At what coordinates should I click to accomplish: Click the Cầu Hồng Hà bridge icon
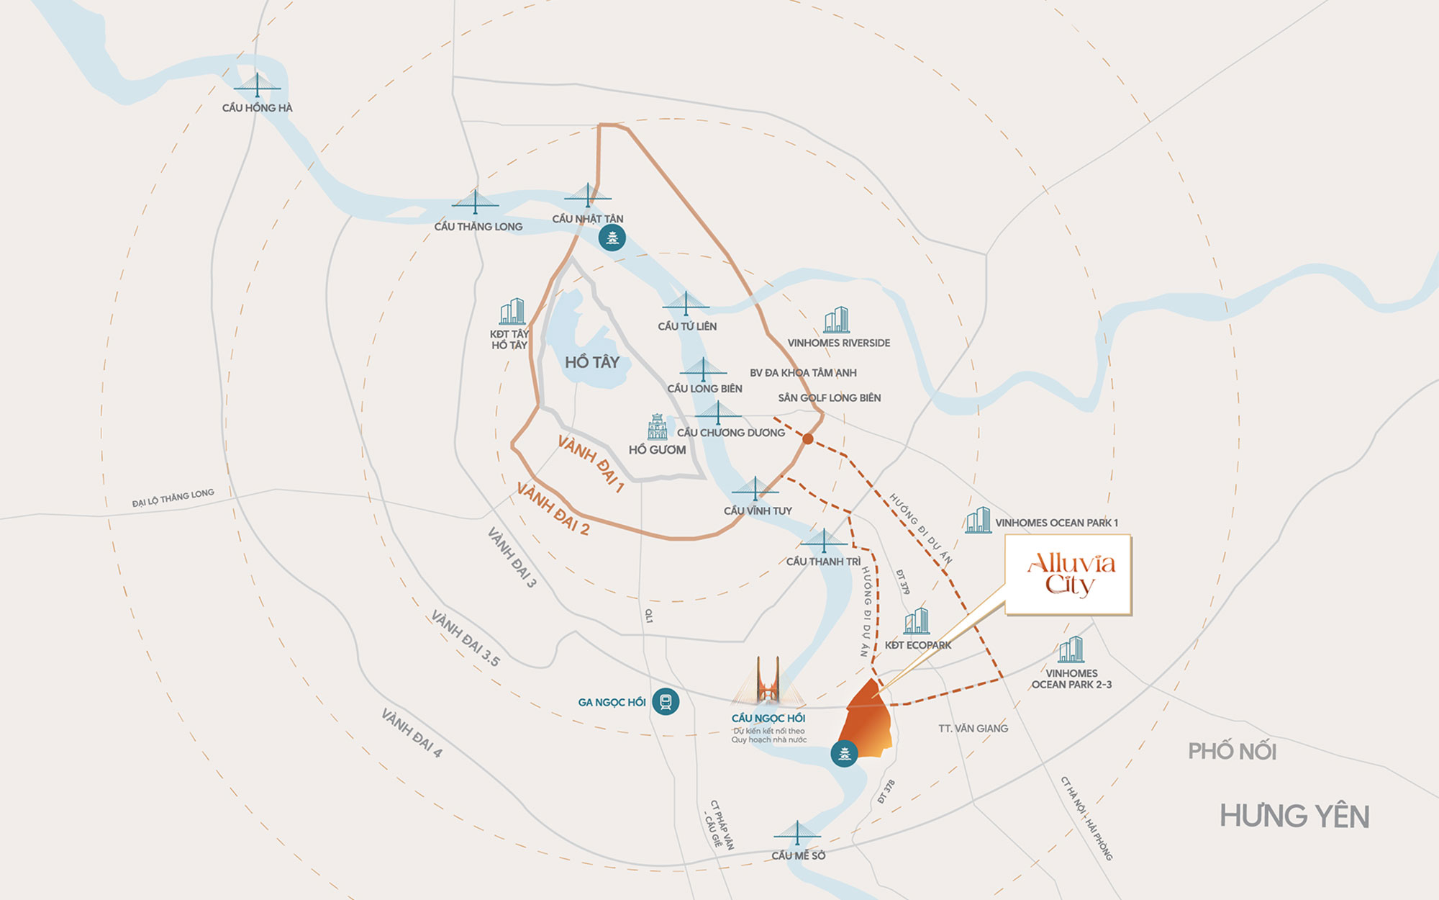click(257, 85)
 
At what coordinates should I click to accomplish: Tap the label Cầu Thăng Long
click(478, 227)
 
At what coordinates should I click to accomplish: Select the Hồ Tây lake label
click(591, 362)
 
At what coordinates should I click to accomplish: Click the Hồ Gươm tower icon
click(657, 427)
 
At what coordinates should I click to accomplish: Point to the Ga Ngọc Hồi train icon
click(666, 701)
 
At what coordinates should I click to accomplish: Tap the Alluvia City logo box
click(1068, 575)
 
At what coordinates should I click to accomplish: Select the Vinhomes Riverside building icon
click(837, 320)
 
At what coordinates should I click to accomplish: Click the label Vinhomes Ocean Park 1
click(1056, 523)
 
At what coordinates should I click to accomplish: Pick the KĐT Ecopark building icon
click(917, 621)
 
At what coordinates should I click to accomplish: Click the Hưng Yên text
click(1294, 816)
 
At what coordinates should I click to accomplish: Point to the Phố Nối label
click(1232, 752)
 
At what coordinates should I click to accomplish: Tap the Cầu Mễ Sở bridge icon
click(796, 834)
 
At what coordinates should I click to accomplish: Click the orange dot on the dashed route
click(808, 438)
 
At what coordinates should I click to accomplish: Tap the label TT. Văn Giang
click(973, 729)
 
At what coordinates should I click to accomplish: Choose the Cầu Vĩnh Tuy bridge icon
click(755, 490)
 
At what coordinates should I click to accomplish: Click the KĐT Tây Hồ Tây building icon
click(512, 312)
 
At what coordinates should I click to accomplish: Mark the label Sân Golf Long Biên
click(829, 398)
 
